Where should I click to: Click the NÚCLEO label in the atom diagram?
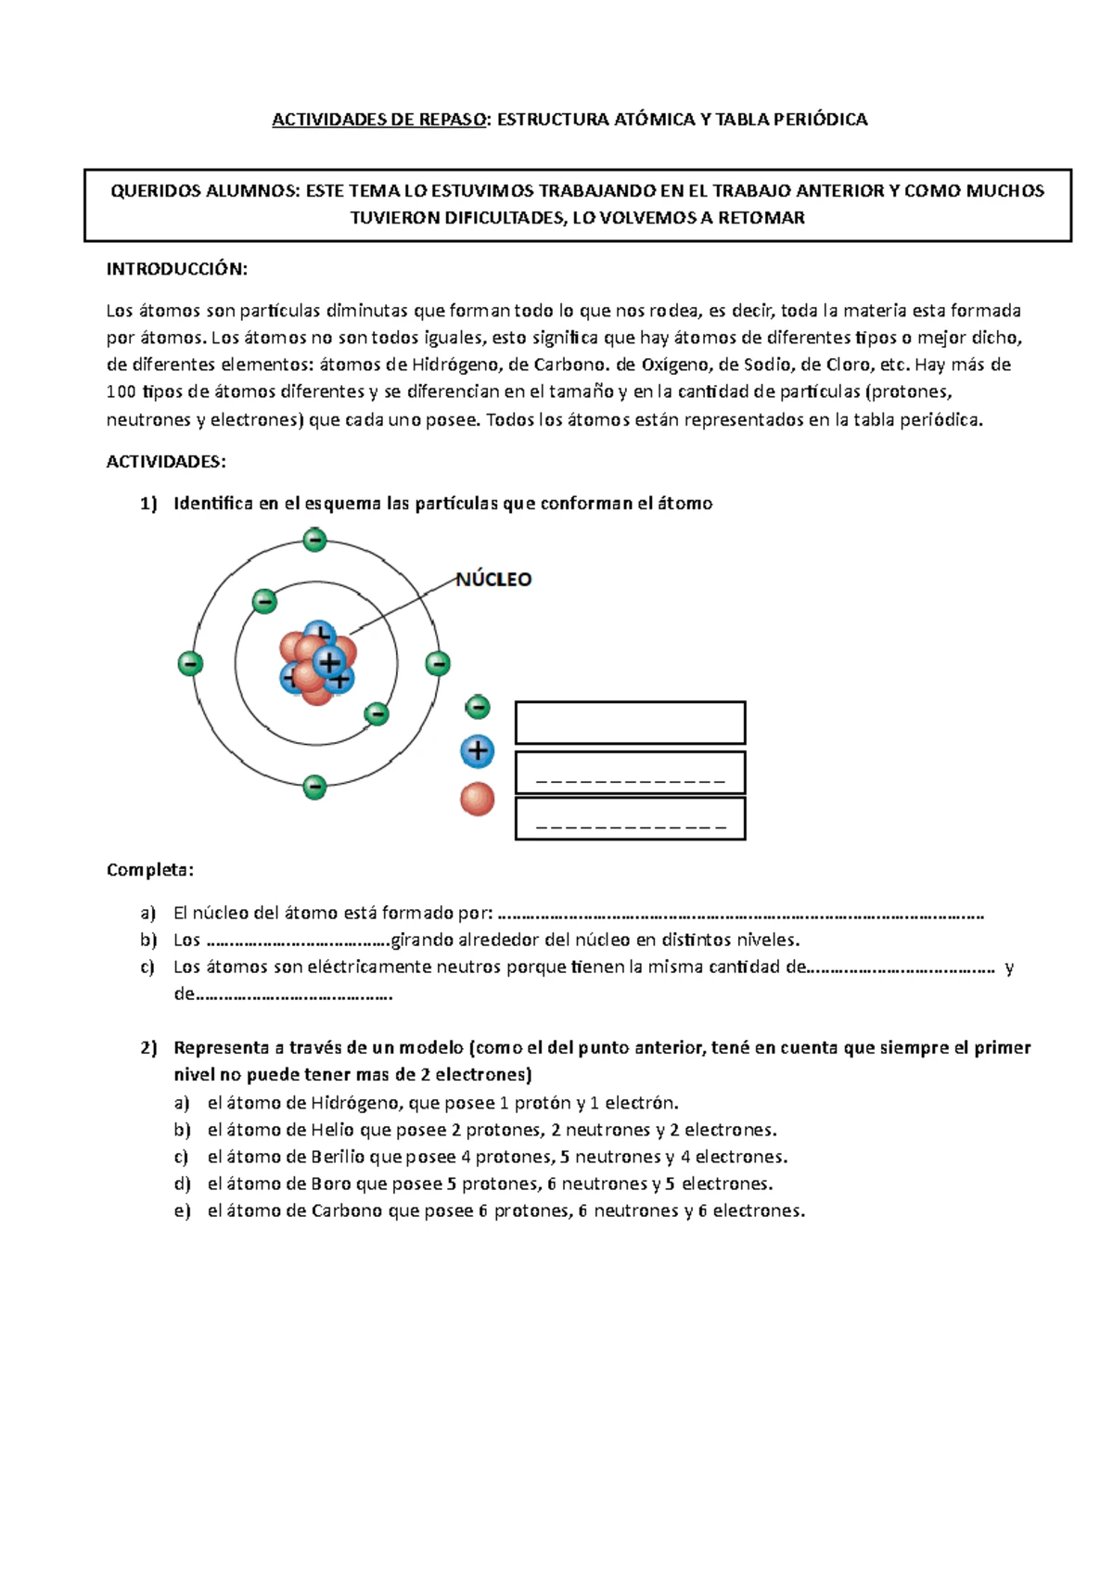click(x=493, y=580)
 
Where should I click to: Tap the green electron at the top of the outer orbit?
click(x=315, y=539)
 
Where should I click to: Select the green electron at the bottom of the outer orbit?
click(x=315, y=787)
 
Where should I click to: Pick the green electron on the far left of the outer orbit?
click(x=190, y=663)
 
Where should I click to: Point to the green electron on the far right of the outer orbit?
click(x=438, y=663)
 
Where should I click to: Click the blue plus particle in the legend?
click(x=478, y=751)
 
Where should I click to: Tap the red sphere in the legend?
click(x=478, y=799)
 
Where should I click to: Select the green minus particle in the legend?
click(x=478, y=708)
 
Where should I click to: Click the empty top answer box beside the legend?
click(x=630, y=723)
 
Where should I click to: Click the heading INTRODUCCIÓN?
click(x=177, y=269)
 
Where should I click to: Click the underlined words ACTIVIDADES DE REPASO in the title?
click(x=379, y=120)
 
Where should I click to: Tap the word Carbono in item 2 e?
click(x=347, y=1210)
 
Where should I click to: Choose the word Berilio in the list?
click(x=338, y=1157)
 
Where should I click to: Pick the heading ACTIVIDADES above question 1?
click(x=166, y=462)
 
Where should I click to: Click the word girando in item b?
click(x=422, y=940)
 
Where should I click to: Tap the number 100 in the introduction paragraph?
click(x=122, y=392)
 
